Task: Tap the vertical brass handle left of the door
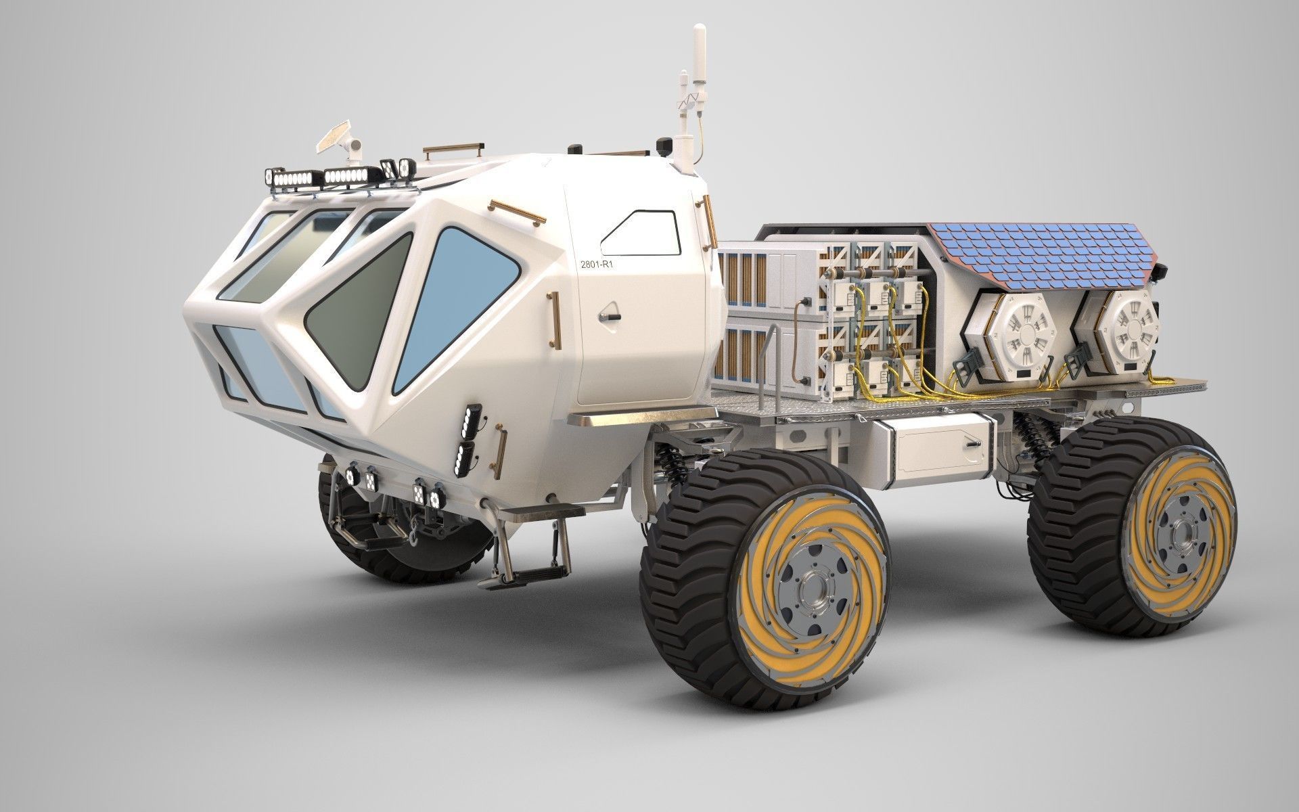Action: (x=555, y=318)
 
